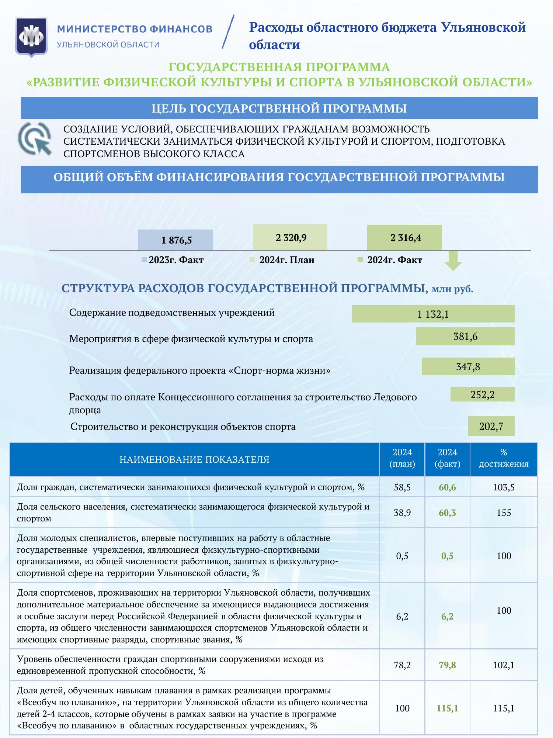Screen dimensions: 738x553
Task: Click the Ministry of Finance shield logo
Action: [31, 37]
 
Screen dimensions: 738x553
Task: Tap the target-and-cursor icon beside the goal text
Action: [35, 139]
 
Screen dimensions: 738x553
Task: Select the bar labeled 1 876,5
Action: [175, 240]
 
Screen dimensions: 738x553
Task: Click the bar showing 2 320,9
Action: [290, 238]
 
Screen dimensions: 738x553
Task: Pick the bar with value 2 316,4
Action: [404, 238]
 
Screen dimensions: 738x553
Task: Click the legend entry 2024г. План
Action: [286, 260]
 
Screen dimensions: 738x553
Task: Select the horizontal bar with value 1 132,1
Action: [433, 314]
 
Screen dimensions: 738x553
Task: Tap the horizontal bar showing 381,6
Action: [465, 336]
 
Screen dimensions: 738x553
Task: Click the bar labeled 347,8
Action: [468, 366]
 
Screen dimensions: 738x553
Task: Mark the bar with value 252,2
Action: [482, 394]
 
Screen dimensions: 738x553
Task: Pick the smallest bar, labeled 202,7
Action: [491, 426]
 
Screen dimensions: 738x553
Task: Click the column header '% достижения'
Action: [504, 459]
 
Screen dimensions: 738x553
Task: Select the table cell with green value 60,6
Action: [447, 487]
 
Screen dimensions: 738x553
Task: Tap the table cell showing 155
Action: [504, 513]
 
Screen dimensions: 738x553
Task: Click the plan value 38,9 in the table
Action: [402, 513]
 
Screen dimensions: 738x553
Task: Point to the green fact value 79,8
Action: [447, 665]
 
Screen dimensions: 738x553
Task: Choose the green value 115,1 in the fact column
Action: [447, 708]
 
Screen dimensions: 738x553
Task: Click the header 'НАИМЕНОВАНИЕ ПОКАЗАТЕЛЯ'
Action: [194, 459]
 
